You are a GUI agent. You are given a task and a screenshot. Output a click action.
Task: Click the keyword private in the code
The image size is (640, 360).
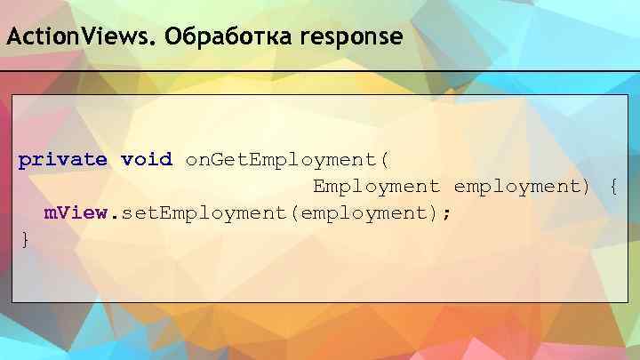click(62, 161)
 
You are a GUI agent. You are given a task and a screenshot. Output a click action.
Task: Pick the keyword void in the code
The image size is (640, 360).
click(146, 161)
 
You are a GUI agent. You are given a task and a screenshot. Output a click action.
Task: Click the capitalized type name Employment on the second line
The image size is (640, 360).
click(376, 187)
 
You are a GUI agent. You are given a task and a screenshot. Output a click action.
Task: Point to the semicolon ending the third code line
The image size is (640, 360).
click(446, 214)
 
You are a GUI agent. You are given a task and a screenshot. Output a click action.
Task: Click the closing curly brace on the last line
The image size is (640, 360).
click(25, 239)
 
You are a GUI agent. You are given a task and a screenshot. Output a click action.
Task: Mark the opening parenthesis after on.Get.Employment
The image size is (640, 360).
click(384, 161)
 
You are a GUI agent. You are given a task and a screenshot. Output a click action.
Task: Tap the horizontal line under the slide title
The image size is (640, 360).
click(320, 70)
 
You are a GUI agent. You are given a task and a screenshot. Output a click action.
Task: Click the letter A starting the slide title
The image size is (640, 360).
click(12, 39)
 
